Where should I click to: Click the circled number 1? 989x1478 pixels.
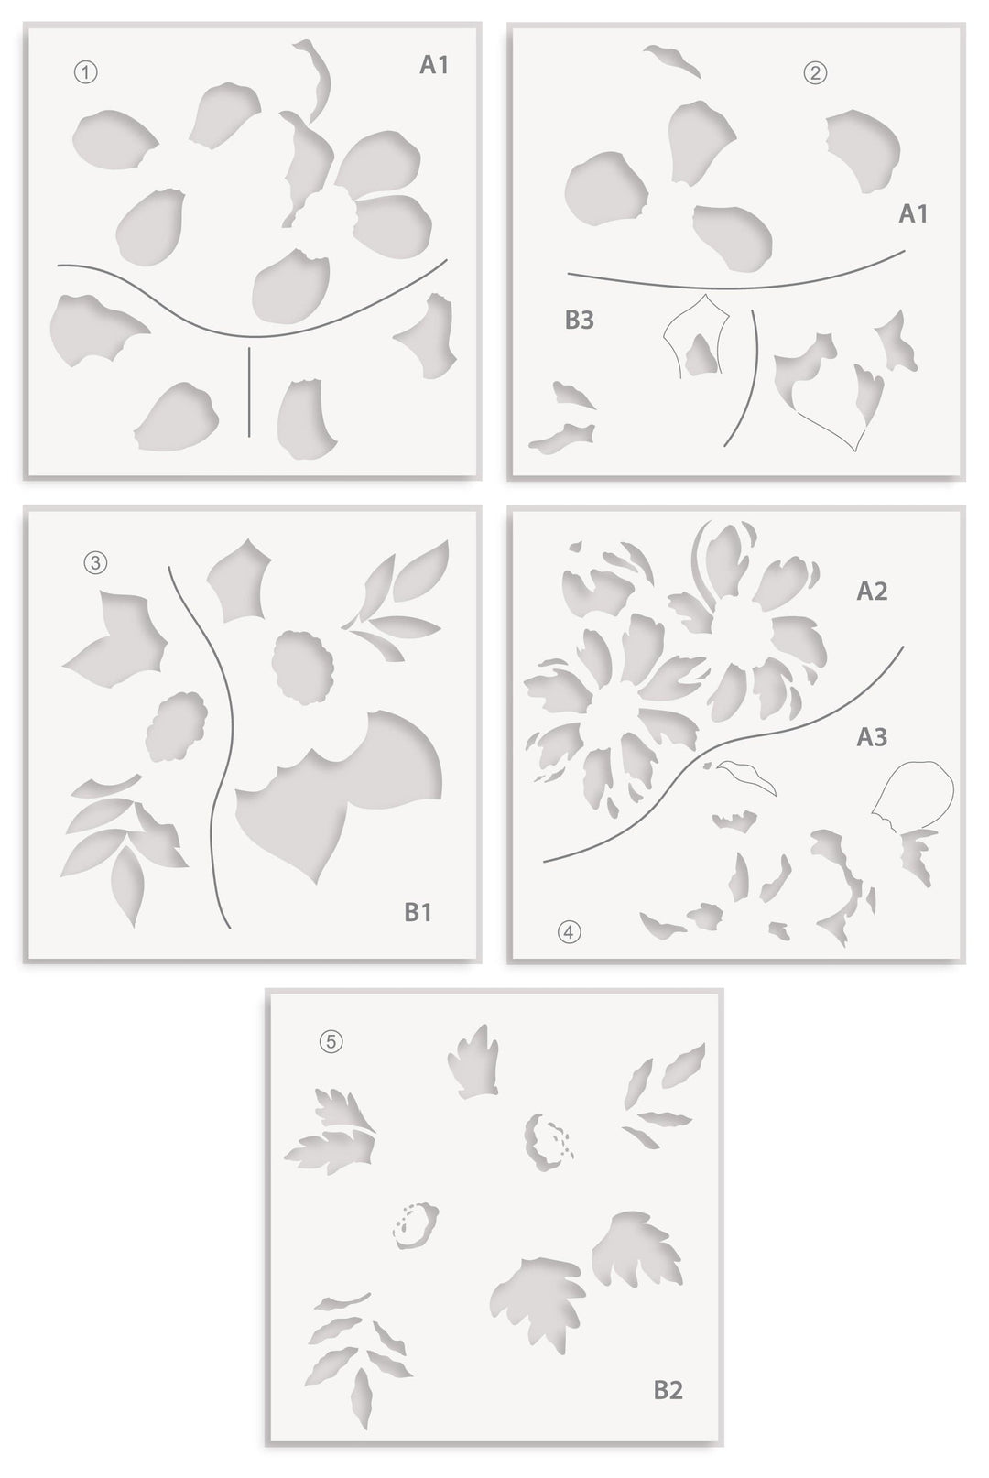[85, 72]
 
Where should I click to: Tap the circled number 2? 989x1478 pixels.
[815, 73]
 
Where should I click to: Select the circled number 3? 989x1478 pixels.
[95, 563]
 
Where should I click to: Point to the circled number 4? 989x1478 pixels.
[570, 932]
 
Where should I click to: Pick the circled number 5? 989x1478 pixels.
[331, 1041]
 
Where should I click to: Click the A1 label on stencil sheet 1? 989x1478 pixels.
[434, 65]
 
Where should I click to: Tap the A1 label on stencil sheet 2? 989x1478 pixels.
[913, 213]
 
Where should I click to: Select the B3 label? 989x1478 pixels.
[580, 321]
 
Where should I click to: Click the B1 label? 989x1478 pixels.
[418, 912]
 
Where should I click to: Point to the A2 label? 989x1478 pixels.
[872, 592]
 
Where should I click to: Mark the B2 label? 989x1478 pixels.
[668, 1390]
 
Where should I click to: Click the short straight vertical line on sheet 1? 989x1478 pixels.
[249, 391]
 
